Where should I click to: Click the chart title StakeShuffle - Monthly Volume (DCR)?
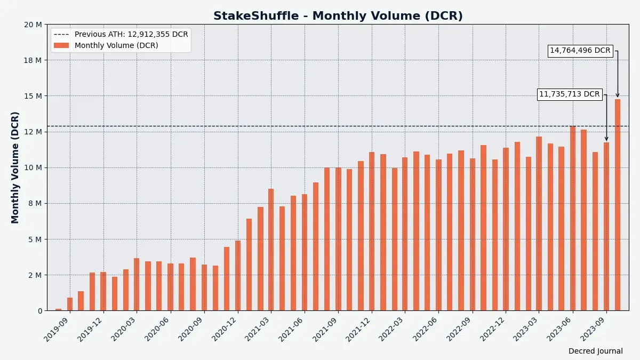(x=338, y=16)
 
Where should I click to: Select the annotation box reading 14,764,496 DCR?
(x=580, y=51)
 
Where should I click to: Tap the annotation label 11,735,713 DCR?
(x=569, y=94)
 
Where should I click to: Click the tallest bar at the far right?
(x=617, y=205)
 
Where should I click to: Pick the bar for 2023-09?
(x=606, y=226)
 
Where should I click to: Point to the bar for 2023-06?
(x=573, y=218)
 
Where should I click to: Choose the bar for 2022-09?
(x=472, y=234)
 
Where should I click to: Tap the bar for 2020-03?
(x=137, y=284)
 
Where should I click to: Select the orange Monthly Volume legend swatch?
(x=61, y=45)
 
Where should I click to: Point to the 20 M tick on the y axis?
(x=33, y=25)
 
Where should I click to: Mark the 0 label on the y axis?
(x=39, y=311)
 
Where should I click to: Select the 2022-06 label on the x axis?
(x=426, y=327)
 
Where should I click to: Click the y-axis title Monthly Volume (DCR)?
(x=15, y=167)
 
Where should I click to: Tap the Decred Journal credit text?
(x=595, y=351)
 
